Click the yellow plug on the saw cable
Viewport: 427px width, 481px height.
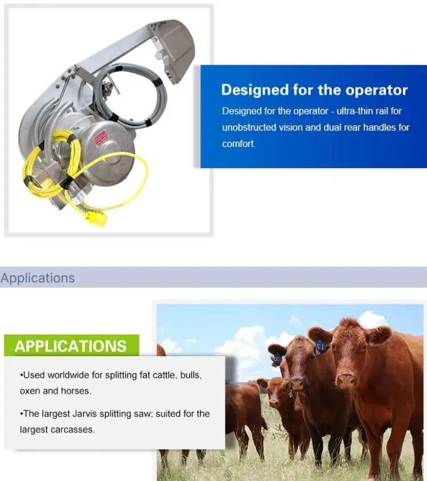96,218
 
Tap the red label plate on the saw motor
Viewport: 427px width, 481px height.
101,137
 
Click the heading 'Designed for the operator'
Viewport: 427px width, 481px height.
314,90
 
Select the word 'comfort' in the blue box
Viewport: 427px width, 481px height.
238,144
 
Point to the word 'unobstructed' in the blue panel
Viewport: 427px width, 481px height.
249,127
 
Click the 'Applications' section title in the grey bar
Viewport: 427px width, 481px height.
38,278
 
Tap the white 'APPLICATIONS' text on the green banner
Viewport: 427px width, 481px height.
71,346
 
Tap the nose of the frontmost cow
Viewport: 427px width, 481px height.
346,380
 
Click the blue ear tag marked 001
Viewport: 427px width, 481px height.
277,358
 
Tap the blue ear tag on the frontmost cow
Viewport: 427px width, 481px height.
321,346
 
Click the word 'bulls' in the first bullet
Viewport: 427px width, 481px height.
191,375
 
